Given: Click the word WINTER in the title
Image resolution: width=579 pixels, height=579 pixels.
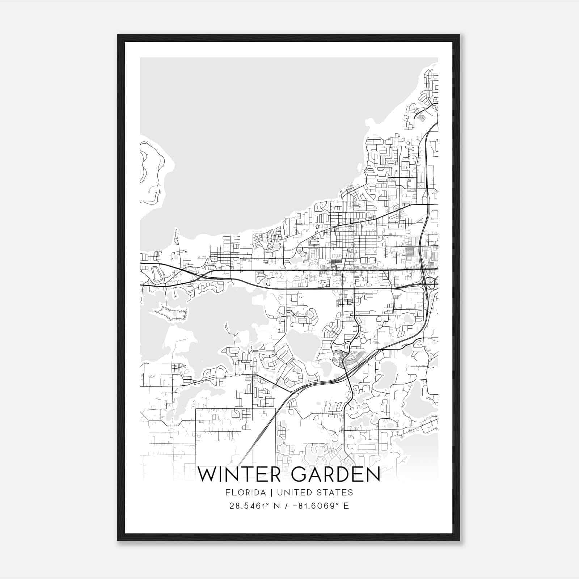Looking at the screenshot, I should pos(240,474).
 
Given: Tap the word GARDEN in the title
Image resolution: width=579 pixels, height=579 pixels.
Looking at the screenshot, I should pos(335,474).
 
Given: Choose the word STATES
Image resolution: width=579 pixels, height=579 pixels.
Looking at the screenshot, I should pos(335,492).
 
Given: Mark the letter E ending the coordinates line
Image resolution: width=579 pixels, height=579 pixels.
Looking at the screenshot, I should pos(346,506).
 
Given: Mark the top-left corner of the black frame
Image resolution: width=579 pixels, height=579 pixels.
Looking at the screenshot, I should pos(118,35).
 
